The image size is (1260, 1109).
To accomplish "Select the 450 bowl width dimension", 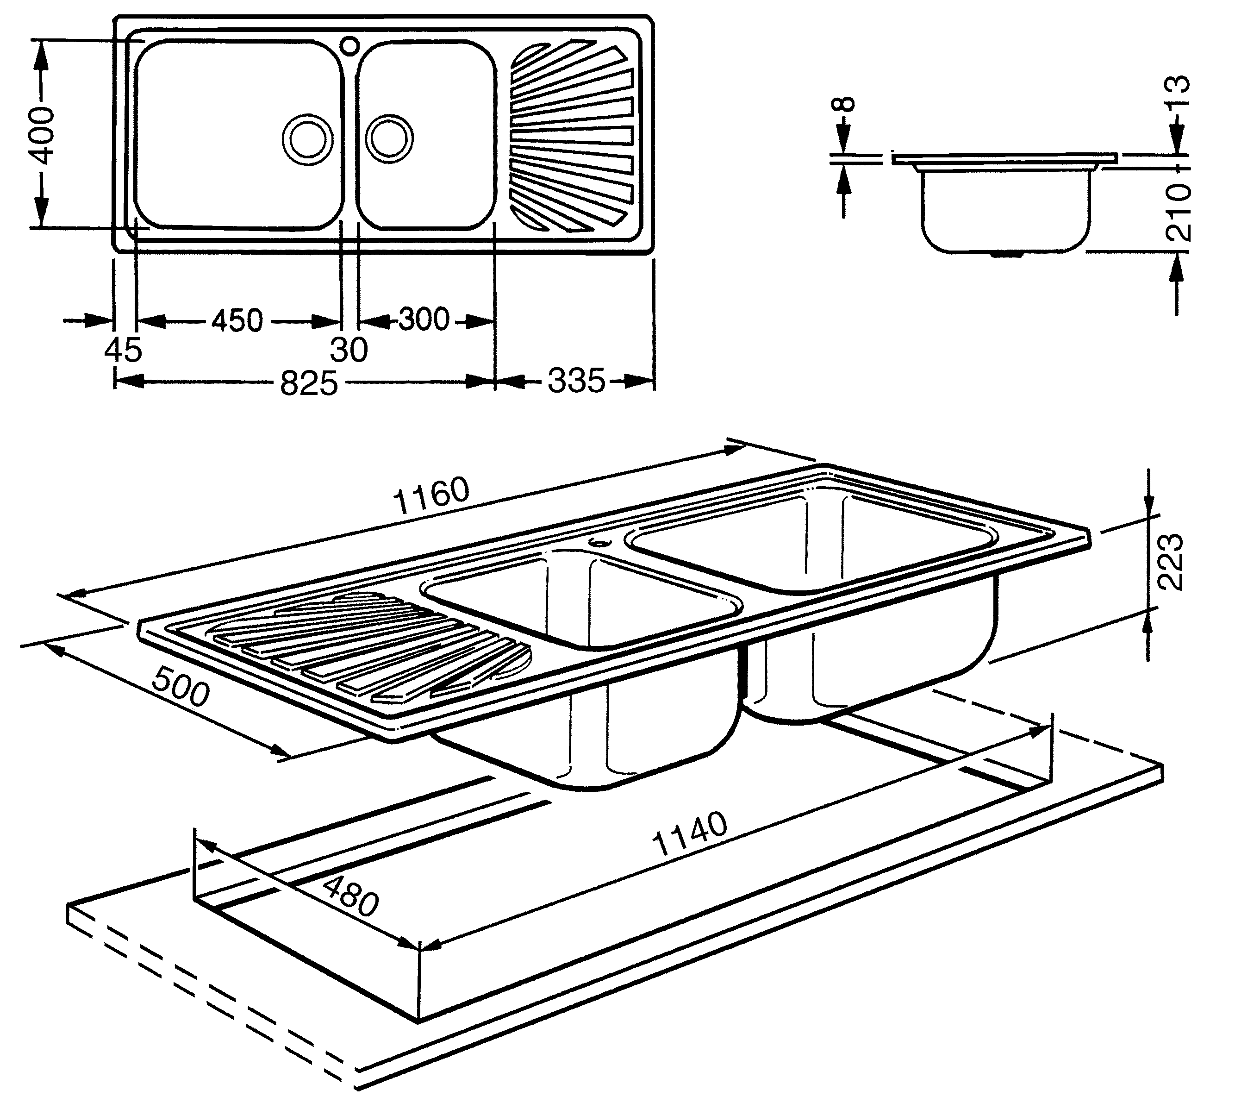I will (x=237, y=321).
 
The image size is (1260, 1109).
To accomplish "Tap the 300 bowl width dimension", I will (x=424, y=320).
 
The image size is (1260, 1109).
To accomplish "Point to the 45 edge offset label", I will (x=123, y=351).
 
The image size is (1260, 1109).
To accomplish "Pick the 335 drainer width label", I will (x=576, y=381).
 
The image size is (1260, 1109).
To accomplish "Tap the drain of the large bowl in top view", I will (x=305, y=138).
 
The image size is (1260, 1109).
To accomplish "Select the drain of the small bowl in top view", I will (x=389, y=138).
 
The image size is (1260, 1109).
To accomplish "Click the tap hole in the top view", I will (x=349, y=45).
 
